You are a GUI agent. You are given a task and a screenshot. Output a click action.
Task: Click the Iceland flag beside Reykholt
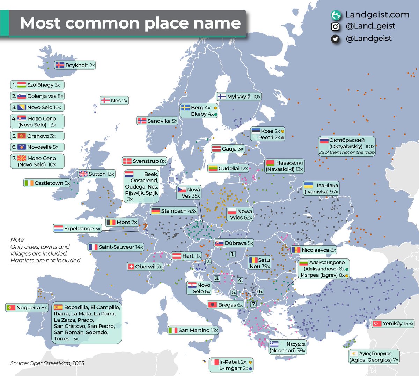pos(60,65)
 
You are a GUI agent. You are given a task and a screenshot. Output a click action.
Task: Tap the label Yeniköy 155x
pos(393,323)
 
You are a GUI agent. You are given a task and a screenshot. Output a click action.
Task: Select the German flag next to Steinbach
pos(155,211)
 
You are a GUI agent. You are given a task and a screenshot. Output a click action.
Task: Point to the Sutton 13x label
pos(97,174)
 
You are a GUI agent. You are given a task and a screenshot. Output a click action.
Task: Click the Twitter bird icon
pos(335,39)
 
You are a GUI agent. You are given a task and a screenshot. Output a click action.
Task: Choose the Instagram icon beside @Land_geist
pos(335,26)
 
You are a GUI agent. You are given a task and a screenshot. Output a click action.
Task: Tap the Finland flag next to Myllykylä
pos(221,97)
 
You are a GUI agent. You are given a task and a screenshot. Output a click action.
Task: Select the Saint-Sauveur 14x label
pos(116,247)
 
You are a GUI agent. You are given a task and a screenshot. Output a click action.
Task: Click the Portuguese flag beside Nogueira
pos(11,308)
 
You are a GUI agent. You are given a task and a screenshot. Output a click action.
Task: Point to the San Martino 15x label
pos(193,330)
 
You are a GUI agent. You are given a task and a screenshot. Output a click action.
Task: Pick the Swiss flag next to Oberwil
pos(131,267)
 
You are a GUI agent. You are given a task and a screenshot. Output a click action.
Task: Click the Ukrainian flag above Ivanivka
pos(308,185)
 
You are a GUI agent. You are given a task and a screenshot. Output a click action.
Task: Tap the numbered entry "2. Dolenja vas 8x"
pos(37,96)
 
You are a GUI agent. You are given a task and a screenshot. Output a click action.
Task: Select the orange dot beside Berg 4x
pos(216,108)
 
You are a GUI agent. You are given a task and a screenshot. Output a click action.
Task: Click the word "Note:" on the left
pos(18,240)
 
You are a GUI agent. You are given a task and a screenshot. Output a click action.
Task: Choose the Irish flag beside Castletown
pos(29,183)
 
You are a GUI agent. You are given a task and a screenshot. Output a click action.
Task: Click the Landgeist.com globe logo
pos(336,15)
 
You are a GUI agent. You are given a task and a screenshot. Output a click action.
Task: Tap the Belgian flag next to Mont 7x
pos(111,222)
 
